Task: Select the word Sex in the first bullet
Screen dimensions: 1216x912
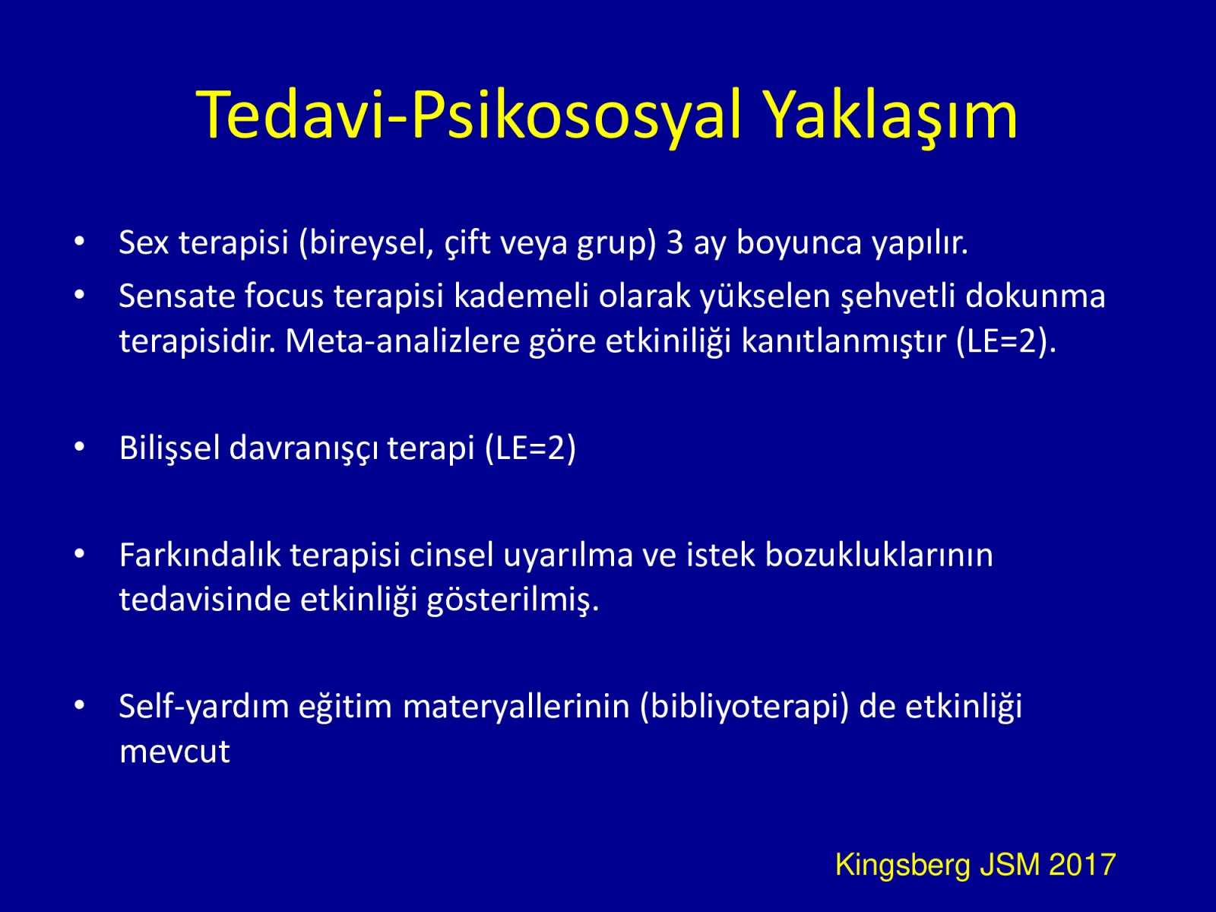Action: [x=144, y=242]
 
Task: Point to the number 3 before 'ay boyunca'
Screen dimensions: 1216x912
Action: [x=675, y=242]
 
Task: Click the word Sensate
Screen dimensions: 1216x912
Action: [x=177, y=296]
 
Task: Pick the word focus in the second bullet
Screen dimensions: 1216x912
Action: [x=283, y=296]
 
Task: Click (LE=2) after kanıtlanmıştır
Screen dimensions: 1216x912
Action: [x=1006, y=342]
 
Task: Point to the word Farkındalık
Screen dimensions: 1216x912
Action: [x=200, y=555]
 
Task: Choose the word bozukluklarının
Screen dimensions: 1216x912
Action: [x=879, y=555]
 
